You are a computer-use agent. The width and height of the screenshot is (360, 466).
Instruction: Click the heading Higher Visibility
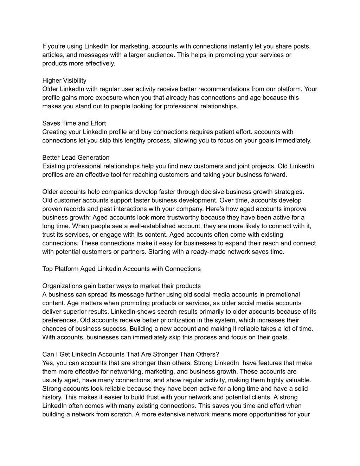coord(64,81)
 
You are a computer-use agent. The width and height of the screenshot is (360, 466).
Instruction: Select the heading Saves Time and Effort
coord(74,123)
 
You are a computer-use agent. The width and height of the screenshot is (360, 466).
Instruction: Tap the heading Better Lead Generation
coord(76,158)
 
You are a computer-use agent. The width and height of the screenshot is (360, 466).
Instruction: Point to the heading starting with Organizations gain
coord(121,286)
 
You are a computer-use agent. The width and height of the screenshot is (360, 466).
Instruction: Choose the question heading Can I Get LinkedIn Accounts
coord(130,354)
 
